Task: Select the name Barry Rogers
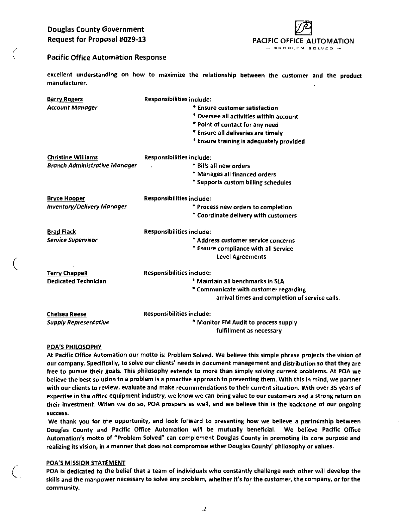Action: point(65,99)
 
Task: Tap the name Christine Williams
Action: point(73,157)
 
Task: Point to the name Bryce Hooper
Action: point(66,198)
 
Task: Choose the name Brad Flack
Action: point(62,232)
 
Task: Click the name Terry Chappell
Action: point(67,273)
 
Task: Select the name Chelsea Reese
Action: point(67,314)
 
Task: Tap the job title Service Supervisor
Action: point(72,240)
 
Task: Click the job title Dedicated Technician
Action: point(77,281)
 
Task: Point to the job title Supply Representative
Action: point(78,322)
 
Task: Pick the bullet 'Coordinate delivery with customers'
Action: point(245,216)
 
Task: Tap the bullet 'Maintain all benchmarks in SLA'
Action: point(238,281)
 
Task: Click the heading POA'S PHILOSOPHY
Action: point(74,347)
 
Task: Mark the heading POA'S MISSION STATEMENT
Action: point(86,463)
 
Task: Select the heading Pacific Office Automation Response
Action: point(107,57)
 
